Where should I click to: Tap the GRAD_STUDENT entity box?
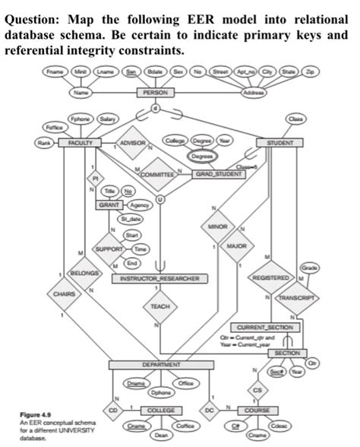(219, 173)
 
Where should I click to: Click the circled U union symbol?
(159, 198)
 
